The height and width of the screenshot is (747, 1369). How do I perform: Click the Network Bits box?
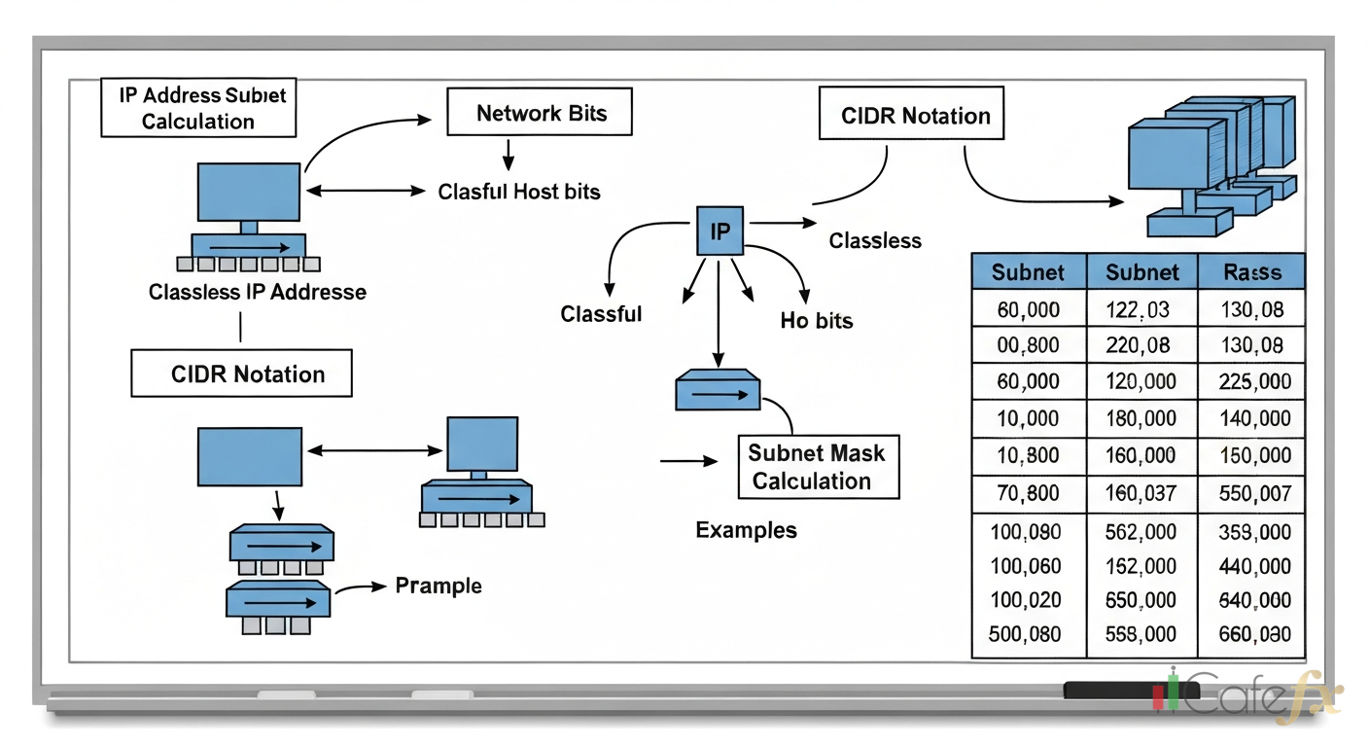coord(540,113)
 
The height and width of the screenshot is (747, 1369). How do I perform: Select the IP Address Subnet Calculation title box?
coord(198,108)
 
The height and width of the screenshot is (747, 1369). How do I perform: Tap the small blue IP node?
coord(720,231)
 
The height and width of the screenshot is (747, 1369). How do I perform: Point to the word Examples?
coord(746,530)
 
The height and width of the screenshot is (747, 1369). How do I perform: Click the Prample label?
coord(438,586)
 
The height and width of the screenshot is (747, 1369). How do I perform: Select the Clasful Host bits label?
coord(519,192)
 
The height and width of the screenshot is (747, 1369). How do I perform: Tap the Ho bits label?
coord(816,320)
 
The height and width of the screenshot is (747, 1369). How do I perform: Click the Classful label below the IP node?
coord(601,314)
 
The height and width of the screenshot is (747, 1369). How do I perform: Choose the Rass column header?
coord(1252,272)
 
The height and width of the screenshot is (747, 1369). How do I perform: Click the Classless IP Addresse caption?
coord(258,292)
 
